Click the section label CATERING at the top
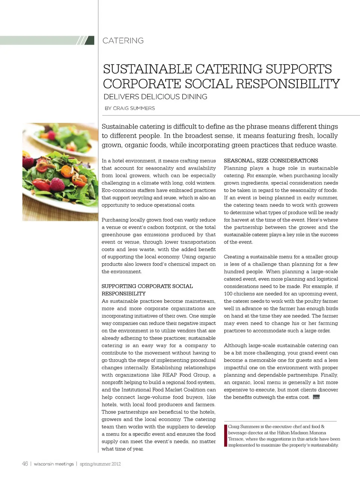point(123,41)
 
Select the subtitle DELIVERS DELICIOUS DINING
point(155,97)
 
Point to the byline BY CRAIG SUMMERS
point(129,108)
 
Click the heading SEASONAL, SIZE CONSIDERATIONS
point(271,161)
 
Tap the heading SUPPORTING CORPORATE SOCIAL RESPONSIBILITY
point(147,290)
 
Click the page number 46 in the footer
point(25,464)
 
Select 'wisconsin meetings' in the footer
point(54,464)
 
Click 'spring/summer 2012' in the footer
point(100,464)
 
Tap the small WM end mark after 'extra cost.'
point(316,397)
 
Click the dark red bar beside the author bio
point(225,435)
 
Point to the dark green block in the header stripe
point(90,41)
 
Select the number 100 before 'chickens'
point(228,294)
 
